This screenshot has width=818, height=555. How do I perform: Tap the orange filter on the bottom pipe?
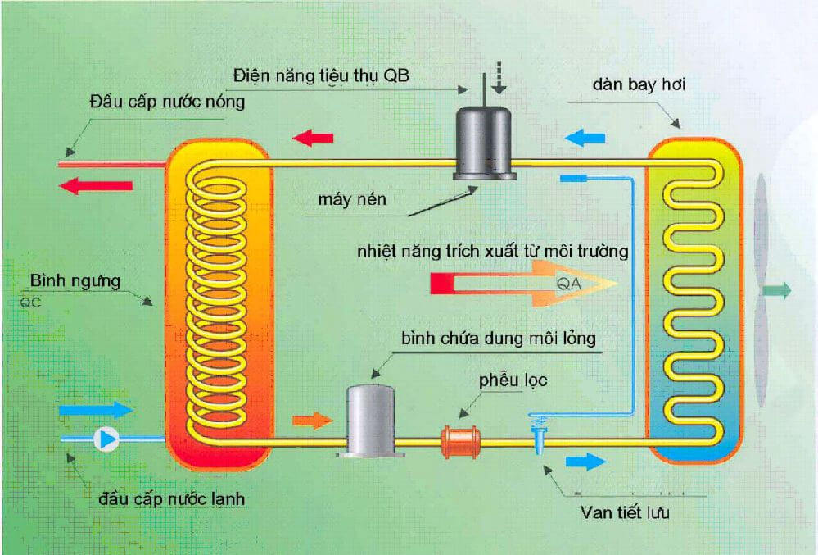click(x=463, y=440)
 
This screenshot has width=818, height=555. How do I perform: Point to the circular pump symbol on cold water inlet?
click(x=106, y=439)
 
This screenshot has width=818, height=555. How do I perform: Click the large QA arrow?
click(x=524, y=284)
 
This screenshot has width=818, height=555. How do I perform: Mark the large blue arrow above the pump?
click(x=96, y=408)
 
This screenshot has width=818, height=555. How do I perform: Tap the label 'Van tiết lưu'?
click(x=627, y=514)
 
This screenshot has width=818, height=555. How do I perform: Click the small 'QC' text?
click(x=29, y=300)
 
